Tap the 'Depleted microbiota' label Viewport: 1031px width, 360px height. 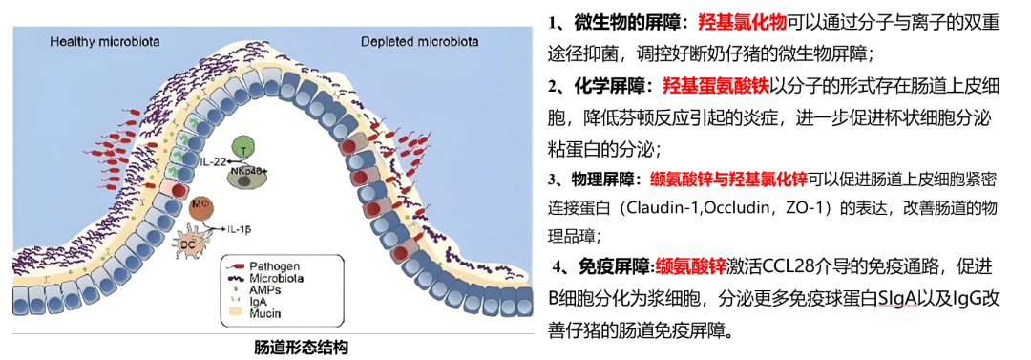(x=419, y=42)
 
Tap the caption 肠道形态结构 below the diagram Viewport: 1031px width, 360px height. (x=301, y=347)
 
